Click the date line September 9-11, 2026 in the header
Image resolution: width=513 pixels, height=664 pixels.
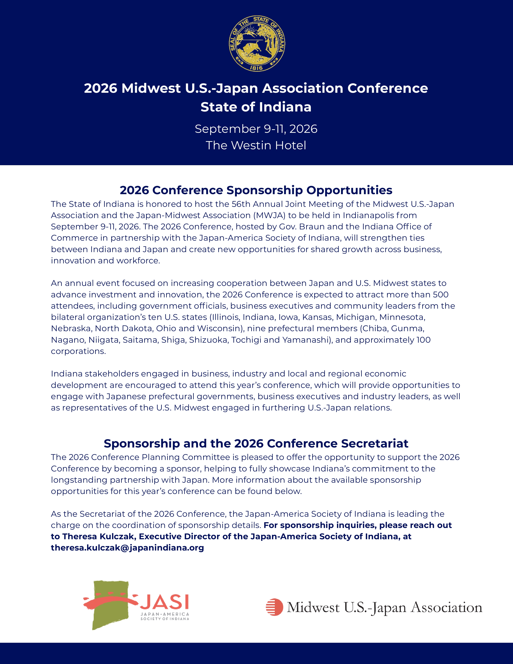click(256, 129)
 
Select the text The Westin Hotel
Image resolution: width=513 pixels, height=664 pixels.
click(256, 145)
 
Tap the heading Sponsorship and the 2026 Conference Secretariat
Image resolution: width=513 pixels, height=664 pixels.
click(256, 444)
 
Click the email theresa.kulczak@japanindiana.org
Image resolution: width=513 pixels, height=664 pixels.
click(127, 548)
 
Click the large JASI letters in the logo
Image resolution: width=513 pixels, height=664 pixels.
click(164, 602)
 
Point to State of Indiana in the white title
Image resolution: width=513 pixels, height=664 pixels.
click(256, 107)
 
